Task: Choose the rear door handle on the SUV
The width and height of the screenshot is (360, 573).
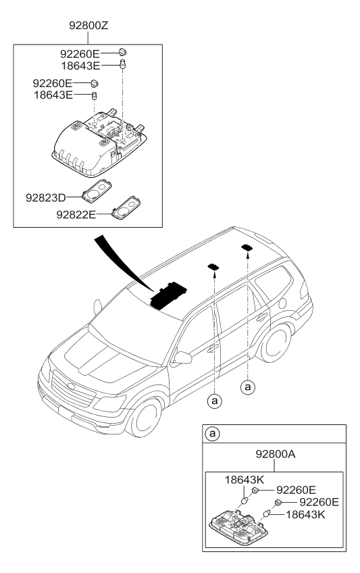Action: (x=259, y=317)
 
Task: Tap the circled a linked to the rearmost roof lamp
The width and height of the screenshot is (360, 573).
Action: (x=248, y=387)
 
